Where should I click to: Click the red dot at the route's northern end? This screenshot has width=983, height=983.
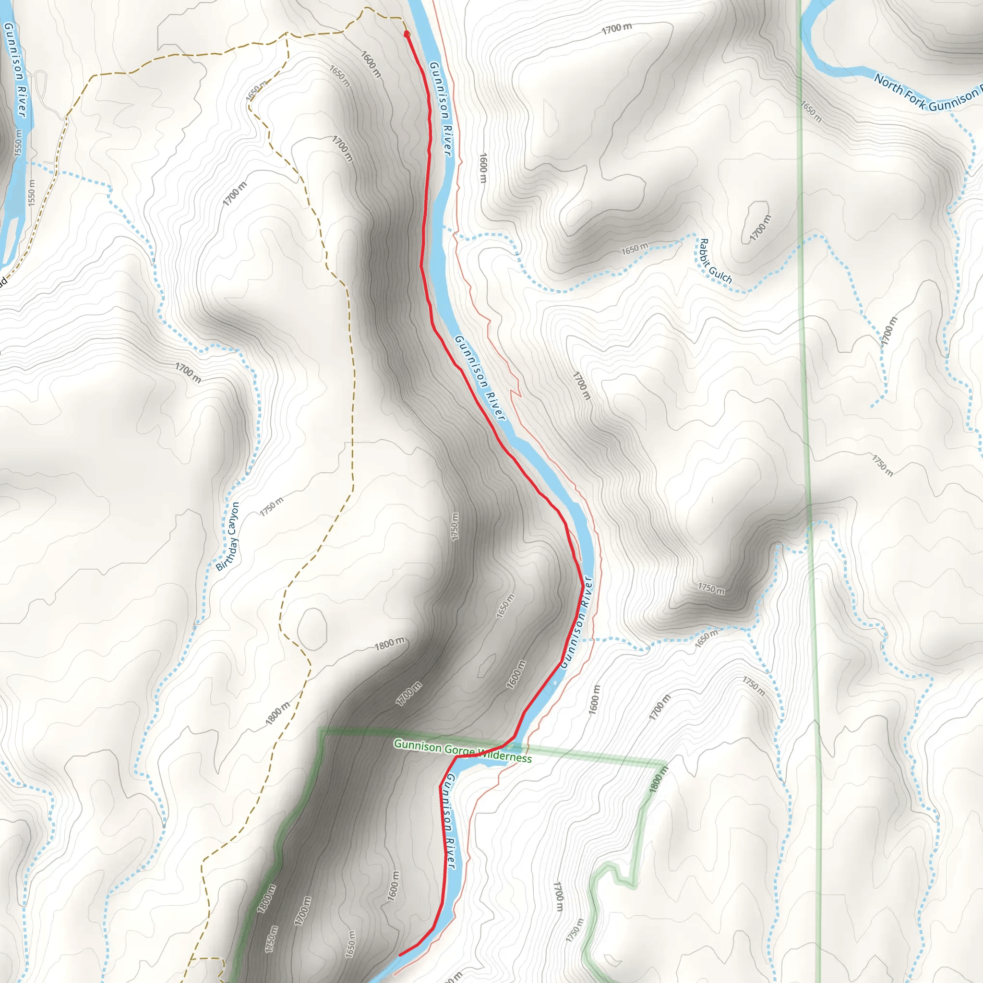[407, 34]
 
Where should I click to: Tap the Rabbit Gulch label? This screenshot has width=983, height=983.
[715, 262]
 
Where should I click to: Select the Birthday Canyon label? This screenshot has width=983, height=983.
[228, 537]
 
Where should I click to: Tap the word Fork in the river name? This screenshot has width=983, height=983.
[915, 100]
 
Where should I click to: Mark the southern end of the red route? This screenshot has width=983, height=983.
[400, 955]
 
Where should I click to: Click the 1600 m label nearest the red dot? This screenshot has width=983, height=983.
[371, 64]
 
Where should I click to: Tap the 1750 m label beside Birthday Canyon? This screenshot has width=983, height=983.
[272, 507]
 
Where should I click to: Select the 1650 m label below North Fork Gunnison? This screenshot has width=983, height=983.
[811, 111]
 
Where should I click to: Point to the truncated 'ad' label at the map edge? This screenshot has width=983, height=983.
[2, 281]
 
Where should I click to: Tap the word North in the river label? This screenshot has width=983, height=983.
[888, 85]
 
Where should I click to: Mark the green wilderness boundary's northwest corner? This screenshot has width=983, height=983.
[321, 731]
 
